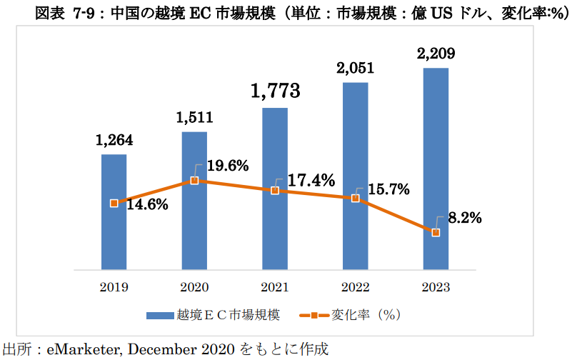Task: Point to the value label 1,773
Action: (x=275, y=91)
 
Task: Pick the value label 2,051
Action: (x=356, y=68)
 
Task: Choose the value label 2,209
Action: (x=436, y=53)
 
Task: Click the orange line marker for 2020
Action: (x=194, y=181)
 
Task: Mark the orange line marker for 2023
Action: (x=436, y=233)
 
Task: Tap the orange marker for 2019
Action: (x=114, y=204)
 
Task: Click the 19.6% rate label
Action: (x=228, y=166)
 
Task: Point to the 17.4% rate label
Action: (x=311, y=181)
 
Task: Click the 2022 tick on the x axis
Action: (x=356, y=288)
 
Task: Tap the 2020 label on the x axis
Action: (x=194, y=288)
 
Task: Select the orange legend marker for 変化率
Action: (x=312, y=314)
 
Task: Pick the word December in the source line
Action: (x=164, y=349)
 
